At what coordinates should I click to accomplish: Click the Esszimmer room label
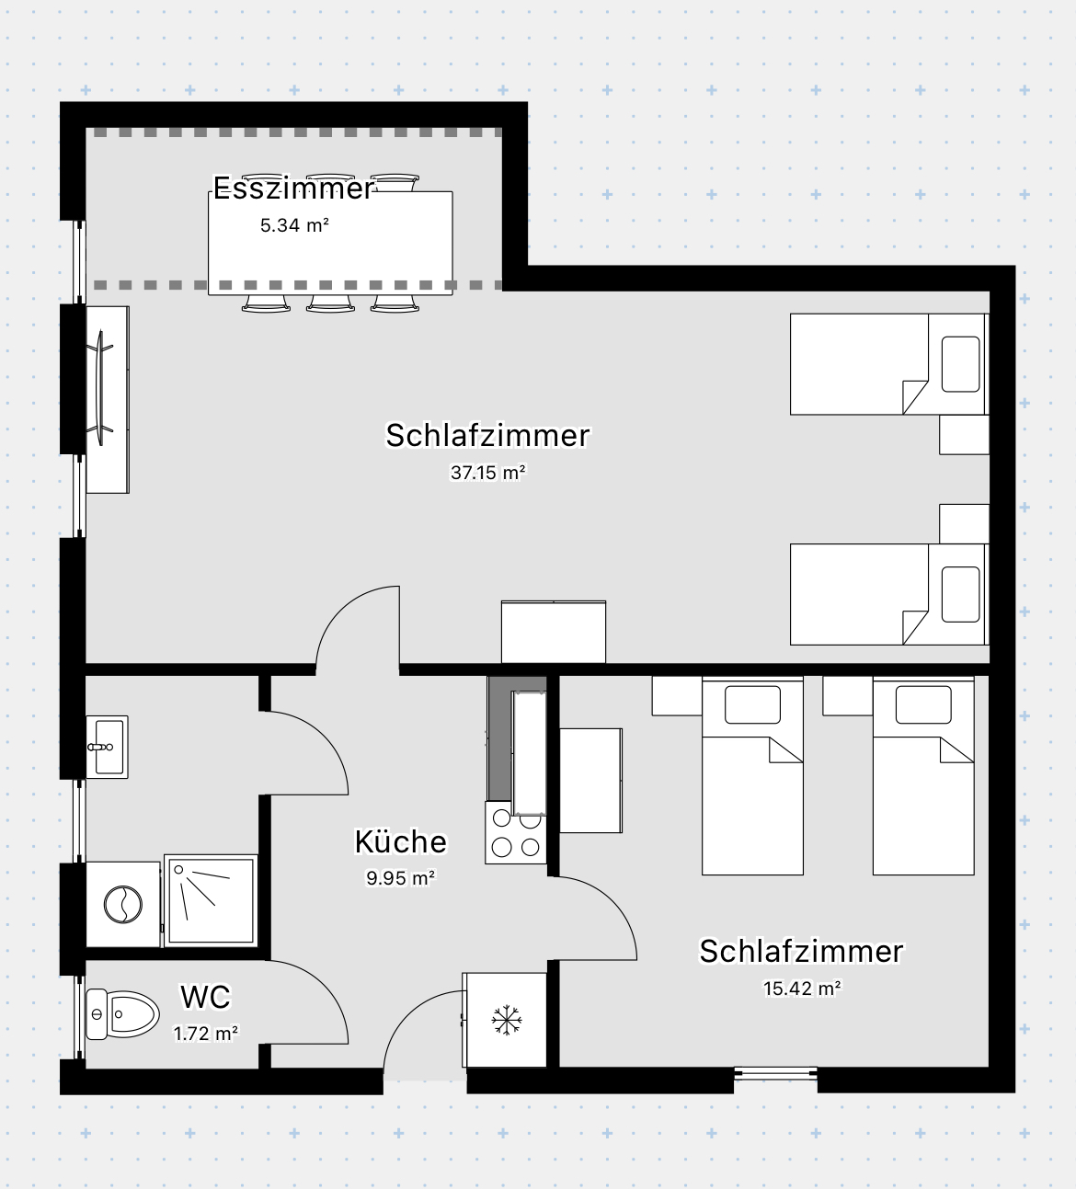tap(293, 189)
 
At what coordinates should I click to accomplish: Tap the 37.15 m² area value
tap(487, 473)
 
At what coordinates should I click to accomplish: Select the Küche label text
tap(401, 841)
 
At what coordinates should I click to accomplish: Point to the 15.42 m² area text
tap(802, 989)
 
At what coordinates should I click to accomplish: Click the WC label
tap(205, 997)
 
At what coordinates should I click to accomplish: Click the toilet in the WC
tap(121, 1014)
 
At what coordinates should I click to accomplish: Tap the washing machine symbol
tap(122, 904)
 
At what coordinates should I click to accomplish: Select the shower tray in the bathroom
tap(211, 901)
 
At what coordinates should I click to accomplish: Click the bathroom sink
tap(107, 747)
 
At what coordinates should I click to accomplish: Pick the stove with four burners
tap(516, 833)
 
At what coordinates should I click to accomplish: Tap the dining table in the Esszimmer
tap(331, 244)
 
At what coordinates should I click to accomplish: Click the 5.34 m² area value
tap(294, 225)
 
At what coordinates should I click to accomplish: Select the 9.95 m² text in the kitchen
tap(400, 878)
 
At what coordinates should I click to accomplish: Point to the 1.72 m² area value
tap(206, 1034)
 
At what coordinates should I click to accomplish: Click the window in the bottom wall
tap(775, 1073)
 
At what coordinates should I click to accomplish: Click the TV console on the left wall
tap(108, 399)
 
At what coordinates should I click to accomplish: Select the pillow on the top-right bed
tap(960, 364)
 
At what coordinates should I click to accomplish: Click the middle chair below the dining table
tap(330, 303)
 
